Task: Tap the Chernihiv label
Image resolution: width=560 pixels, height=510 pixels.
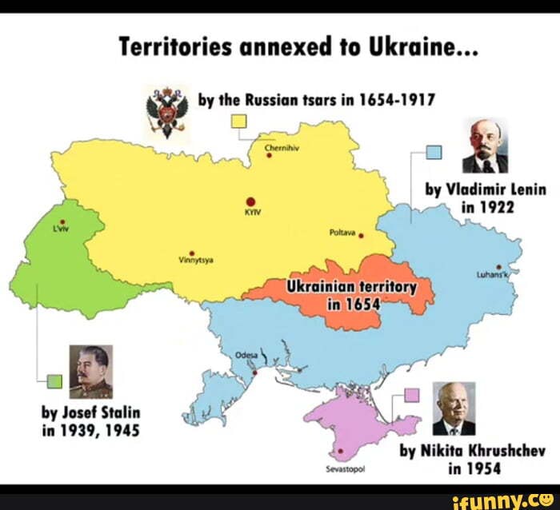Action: coord(277,146)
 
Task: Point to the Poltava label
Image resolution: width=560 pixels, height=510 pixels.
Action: coord(342,233)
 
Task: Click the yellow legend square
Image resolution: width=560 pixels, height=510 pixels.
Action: coord(238,122)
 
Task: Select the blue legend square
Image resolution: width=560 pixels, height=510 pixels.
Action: coord(433,152)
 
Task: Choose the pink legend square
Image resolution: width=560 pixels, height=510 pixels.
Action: coord(411,393)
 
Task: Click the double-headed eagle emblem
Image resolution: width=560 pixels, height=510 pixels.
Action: coord(166,110)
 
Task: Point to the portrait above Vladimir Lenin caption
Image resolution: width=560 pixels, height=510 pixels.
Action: coord(486,146)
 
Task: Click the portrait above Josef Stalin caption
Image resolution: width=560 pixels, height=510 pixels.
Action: coord(90,371)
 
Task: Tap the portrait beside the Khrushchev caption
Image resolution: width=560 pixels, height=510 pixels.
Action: coord(454,408)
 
